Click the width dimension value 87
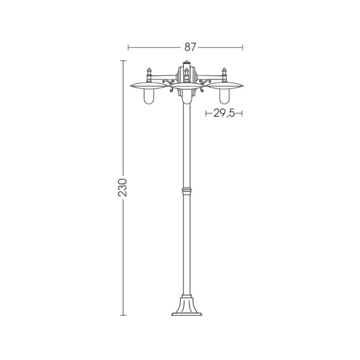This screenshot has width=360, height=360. [x=190, y=47]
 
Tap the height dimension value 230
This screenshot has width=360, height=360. [x=122, y=187]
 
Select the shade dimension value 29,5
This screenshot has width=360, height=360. [x=224, y=113]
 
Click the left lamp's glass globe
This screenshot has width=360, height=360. [x=148, y=96]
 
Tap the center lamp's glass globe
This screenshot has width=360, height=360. [x=186, y=97]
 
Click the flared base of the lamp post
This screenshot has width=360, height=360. [x=186, y=307]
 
